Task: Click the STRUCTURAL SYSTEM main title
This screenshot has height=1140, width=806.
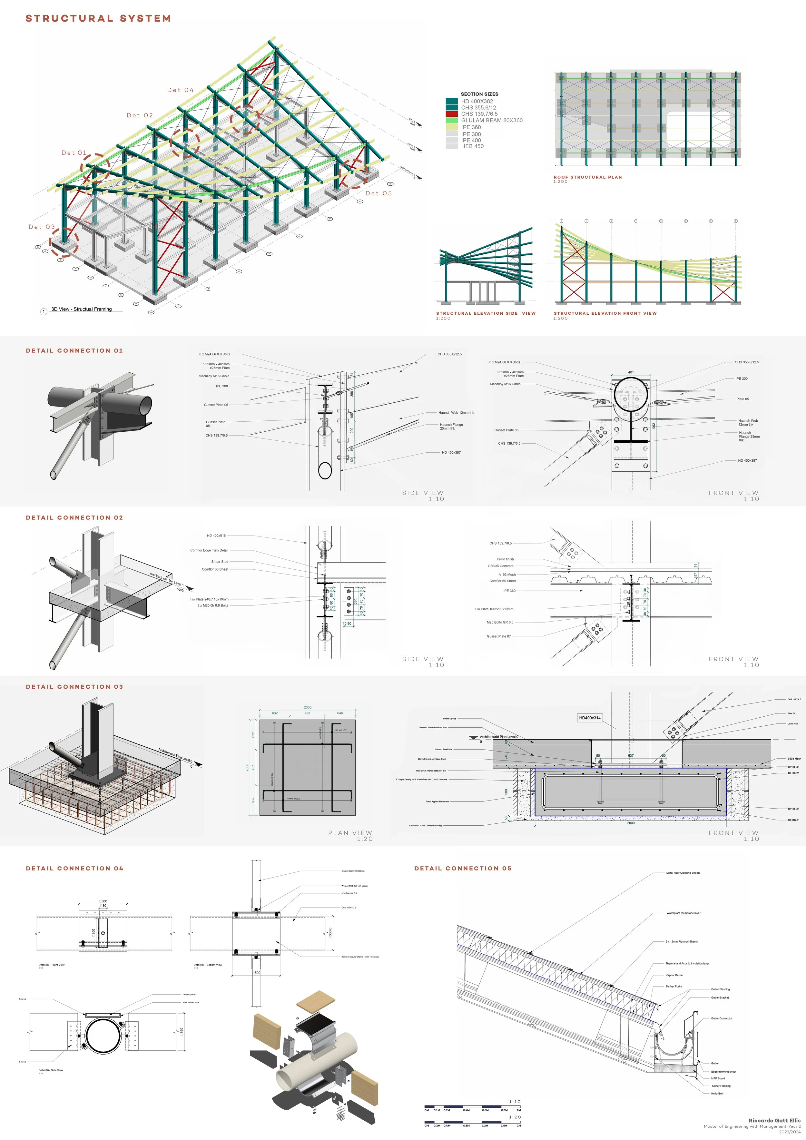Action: pos(98,18)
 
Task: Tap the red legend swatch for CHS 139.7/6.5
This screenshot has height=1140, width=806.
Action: pos(451,114)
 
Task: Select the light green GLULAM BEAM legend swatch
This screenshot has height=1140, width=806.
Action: pos(451,120)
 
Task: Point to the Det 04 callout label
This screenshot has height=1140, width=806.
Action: pos(180,90)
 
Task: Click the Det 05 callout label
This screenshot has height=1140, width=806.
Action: pos(378,193)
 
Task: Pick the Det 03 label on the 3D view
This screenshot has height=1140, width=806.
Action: pos(42,227)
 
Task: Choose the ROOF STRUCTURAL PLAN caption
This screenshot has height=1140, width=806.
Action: pos(587,177)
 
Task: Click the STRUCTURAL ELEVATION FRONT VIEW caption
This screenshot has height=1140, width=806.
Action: pos(605,313)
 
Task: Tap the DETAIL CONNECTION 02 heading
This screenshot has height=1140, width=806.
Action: pos(74,517)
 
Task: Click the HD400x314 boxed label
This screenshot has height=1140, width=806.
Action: pos(589,717)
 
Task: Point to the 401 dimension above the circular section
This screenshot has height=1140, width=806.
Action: pos(631,372)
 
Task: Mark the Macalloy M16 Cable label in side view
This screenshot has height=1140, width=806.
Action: pos(214,376)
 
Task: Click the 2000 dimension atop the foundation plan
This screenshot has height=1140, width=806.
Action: pos(307,707)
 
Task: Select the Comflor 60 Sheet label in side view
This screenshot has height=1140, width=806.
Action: pos(215,569)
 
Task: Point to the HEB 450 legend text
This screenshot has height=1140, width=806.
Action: pos(472,146)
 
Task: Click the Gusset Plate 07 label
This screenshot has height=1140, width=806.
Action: pos(499,636)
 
